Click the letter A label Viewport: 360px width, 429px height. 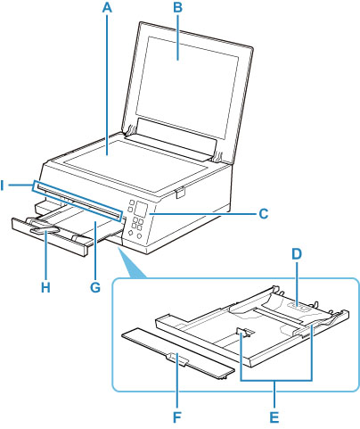click(107, 7)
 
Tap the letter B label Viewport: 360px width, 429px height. click(177, 7)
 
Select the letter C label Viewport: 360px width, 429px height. click(264, 213)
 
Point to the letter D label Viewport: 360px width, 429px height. click(297, 254)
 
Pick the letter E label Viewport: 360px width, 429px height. click(274, 417)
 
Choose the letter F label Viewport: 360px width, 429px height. click(177, 417)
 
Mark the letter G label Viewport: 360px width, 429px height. click(95, 287)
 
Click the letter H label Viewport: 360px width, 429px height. click(45, 287)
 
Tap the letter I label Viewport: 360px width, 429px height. click(3, 186)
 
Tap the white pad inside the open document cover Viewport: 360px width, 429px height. click(187, 87)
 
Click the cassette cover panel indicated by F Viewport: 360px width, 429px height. click(178, 354)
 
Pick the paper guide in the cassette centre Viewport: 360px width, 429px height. click(245, 333)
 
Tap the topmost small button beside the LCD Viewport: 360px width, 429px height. click(130, 202)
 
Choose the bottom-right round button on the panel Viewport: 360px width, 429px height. click(139, 235)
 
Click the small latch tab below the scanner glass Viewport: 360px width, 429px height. click(180, 192)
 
